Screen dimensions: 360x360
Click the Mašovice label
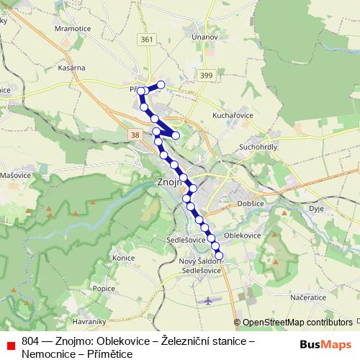point(14,175)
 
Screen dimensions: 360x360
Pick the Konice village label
point(125,257)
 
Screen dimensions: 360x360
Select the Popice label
point(104,288)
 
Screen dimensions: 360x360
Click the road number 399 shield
point(207,75)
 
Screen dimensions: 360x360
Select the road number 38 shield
point(135,135)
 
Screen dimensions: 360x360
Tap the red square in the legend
point(11,344)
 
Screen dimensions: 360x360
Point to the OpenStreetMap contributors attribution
point(297,323)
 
